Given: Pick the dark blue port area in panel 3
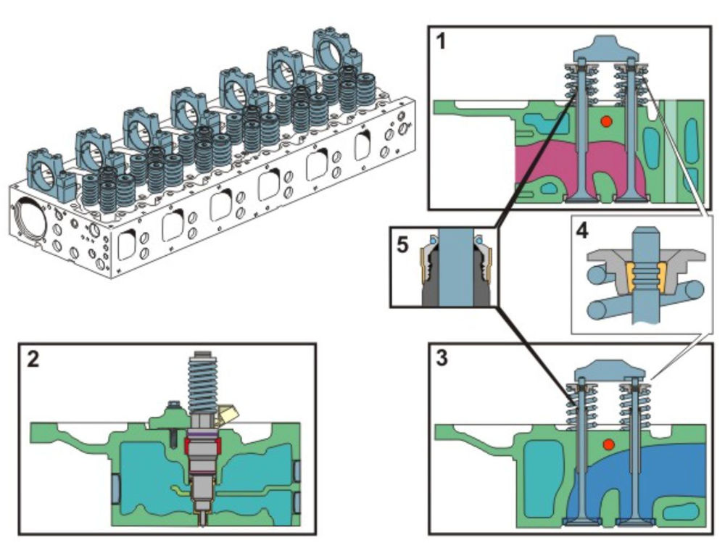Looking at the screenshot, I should [x=667, y=478].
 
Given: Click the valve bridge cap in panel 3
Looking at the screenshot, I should [x=608, y=371].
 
